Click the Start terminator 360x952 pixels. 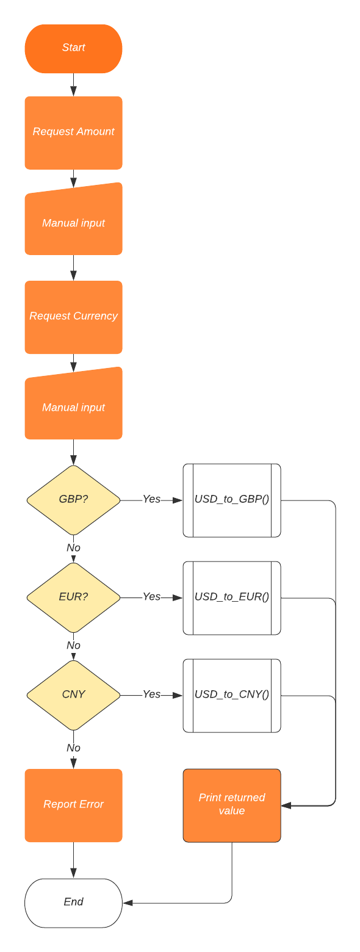point(73,48)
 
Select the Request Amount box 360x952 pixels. point(73,132)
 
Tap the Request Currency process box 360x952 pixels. point(73,317)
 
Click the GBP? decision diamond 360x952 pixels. point(73,500)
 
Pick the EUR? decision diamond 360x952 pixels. point(73,597)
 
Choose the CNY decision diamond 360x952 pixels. point(73,695)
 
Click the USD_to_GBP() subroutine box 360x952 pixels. point(232,500)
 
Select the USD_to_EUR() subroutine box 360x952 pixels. point(232,597)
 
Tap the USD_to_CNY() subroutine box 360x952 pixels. point(232,695)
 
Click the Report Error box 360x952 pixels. point(73,805)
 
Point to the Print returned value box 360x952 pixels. point(232,805)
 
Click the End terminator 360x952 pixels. point(73,903)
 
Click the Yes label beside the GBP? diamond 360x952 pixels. point(151,499)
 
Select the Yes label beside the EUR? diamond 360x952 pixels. point(151,597)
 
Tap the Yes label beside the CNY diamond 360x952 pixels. point(151,694)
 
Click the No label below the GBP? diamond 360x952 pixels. point(73,548)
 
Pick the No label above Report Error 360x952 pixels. point(73,748)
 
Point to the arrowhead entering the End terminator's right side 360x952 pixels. point(128,903)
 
